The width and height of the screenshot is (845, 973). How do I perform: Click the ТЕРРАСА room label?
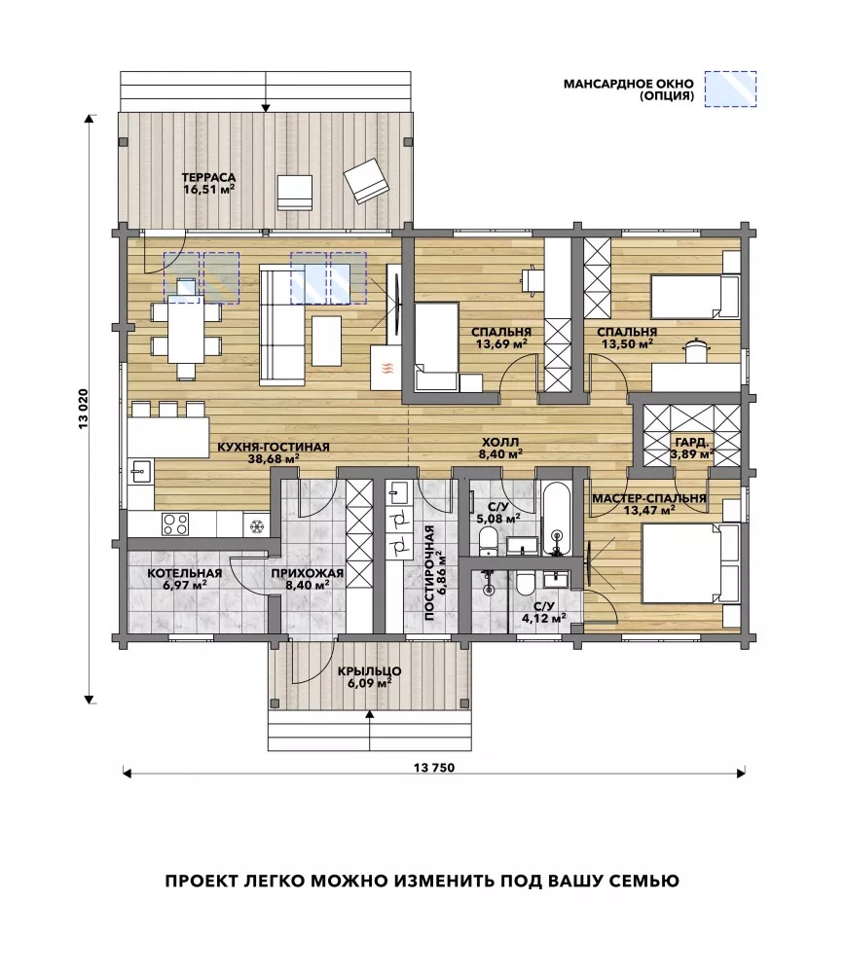(x=208, y=178)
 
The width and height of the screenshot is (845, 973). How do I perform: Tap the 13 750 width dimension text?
(x=434, y=768)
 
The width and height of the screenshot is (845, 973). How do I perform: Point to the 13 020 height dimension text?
(x=84, y=408)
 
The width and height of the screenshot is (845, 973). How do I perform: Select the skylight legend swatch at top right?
(x=731, y=89)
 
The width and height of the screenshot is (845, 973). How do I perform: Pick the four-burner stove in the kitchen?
(x=175, y=524)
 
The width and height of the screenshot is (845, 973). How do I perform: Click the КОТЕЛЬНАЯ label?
(x=184, y=573)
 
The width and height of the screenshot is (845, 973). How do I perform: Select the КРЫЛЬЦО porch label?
(x=369, y=671)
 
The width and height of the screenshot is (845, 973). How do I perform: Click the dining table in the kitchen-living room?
(x=186, y=330)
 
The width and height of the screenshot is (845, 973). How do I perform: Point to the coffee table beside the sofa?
(x=326, y=341)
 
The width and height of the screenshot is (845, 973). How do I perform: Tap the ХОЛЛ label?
(x=500, y=443)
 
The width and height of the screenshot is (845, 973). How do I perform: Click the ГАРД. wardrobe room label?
(x=691, y=443)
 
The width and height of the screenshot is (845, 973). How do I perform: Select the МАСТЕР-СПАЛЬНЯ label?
(x=648, y=498)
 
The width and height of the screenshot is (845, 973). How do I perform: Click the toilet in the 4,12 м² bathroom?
(x=526, y=585)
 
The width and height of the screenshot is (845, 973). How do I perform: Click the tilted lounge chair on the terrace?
(x=367, y=179)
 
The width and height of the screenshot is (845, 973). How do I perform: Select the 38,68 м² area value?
(x=274, y=459)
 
